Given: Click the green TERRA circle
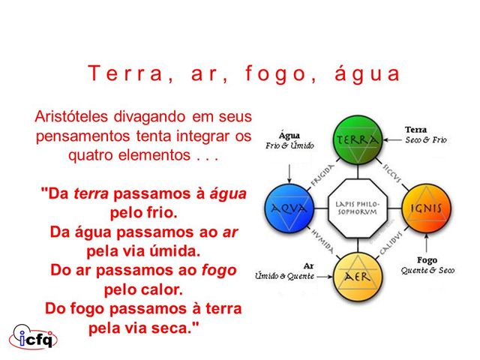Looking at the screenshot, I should pos(358,140).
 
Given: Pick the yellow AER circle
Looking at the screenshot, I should pos(358,275).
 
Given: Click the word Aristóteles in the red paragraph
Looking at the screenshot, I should pos(70,117).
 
